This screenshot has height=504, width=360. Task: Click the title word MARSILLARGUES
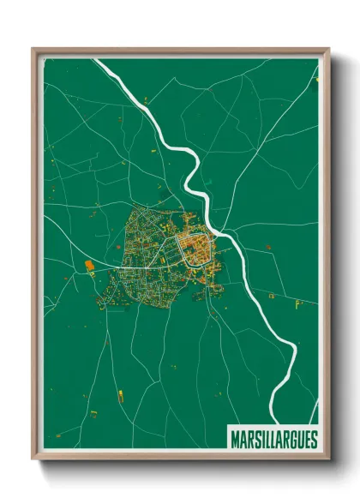pyautogui.click(x=273, y=440)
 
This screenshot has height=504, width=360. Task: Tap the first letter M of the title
pyautogui.click(x=235, y=440)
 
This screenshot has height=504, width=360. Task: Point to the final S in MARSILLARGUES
pyautogui.click(x=313, y=440)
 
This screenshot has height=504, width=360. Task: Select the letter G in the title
pyautogui.click(x=293, y=440)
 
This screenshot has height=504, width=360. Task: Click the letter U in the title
pyautogui.click(x=300, y=440)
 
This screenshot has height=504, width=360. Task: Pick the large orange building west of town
pyautogui.click(x=90, y=266)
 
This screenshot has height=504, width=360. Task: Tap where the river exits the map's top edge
pyautogui.click(x=98, y=60)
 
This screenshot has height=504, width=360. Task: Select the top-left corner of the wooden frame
pyautogui.click(x=33, y=49)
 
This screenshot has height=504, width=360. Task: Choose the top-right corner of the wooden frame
pyautogui.click(x=328, y=49)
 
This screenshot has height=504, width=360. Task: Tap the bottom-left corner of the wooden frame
pyautogui.click(x=33, y=459)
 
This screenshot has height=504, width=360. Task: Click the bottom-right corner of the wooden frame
pyautogui.click(x=328, y=459)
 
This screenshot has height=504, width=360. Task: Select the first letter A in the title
pyautogui.click(x=243, y=440)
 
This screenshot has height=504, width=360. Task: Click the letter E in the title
pyautogui.click(x=307, y=440)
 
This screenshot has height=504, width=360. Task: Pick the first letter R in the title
pyautogui.click(x=249, y=440)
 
